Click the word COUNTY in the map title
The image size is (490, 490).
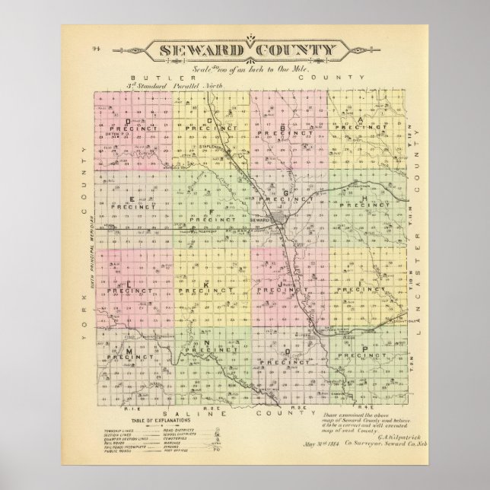(x=294, y=52)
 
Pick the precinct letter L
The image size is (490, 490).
(x=129, y=283)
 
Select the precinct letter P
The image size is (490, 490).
(x=366, y=349)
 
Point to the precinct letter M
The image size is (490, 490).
(x=129, y=349)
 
